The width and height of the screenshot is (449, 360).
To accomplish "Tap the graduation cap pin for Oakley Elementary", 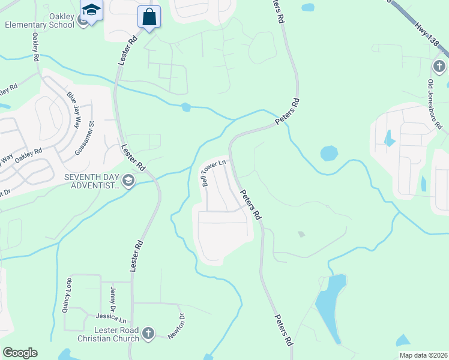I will pos(91,11).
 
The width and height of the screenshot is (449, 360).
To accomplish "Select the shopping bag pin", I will pos(149,16).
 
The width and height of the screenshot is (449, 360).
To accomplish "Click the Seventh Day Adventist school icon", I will pos(128,180).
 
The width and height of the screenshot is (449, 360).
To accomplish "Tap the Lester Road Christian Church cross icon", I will pos(148,332).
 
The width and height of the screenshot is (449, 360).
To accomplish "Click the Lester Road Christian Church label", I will pos(108,334).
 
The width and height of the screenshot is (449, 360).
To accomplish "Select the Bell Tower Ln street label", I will pos(213,172).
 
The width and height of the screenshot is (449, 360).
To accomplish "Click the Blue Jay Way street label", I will pos(74,108).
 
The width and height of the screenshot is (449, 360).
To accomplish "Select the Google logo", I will pos(20,352).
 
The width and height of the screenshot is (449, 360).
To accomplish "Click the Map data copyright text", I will pos(423,355).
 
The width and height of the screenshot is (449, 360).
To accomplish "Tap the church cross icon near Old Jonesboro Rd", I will pos(439,65).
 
